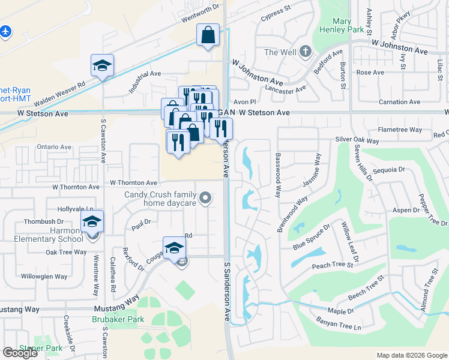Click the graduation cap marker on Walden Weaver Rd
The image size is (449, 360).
pos(102,64)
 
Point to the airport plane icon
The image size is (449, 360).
pos(5,30)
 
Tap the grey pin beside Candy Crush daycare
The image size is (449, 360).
pos(205,197)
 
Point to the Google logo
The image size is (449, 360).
pos(20,353)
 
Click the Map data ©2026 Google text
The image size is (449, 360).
pos(411,355)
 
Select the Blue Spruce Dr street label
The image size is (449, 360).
pos(312,238)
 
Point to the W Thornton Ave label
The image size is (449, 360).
pos(133,182)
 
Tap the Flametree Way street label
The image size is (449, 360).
pos(400,130)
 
